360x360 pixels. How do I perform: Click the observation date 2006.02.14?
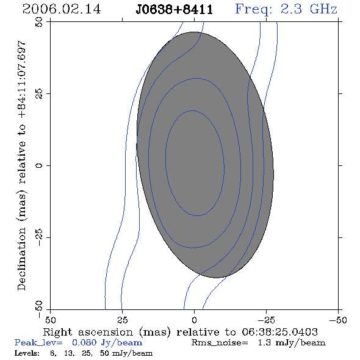pos(62,9)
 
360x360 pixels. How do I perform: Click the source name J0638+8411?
pos(175,9)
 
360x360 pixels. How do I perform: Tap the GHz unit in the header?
pos(323,9)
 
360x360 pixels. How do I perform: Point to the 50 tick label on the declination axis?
pos(39,22)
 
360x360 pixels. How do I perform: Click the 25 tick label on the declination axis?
pos(39,94)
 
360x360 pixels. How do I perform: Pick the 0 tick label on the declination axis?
pos(39,165)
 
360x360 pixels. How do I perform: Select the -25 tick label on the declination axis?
pos(39,237)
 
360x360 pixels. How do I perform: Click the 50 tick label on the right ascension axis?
pos(50,320)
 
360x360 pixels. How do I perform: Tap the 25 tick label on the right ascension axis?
pos(122,320)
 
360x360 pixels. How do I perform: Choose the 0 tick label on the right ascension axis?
pos(194,320)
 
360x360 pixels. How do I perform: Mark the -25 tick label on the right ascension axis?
pos(266,320)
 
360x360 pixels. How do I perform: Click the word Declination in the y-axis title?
pos(21,259)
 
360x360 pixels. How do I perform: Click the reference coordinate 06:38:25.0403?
pos(279,332)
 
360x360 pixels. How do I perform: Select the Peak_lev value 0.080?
pos(84,342)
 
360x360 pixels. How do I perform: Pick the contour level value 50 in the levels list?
pos(104,353)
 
